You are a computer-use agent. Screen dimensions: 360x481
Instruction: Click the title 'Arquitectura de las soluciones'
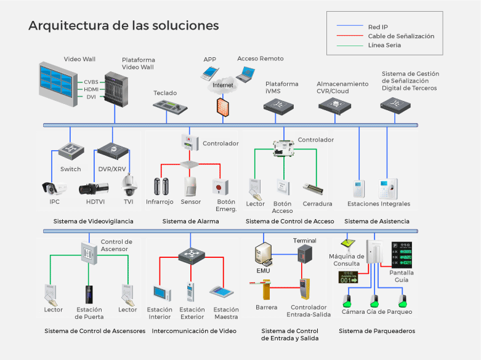pyautogui.click(x=124, y=26)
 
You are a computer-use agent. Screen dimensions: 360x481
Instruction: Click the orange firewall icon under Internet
pyautogui.click(x=222, y=106)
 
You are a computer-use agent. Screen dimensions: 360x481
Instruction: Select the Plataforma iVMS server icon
pyautogui.click(x=281, y=105)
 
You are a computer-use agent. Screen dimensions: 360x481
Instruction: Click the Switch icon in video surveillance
pyautogui.click(x=70, y=150)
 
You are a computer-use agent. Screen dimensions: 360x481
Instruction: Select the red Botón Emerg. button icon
pyautogui.click(x=217, y=186)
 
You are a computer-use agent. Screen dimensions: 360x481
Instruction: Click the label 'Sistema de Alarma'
pyautogui.click(x=190, y=222)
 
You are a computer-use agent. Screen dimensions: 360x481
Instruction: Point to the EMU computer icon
pyautogui.click(x=264, y=254)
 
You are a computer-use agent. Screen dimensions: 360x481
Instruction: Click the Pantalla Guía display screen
pyautogui.click(x=405, y=254)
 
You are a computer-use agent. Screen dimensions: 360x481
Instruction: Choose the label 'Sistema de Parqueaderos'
pyautogui.click(x=377, y=331)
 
